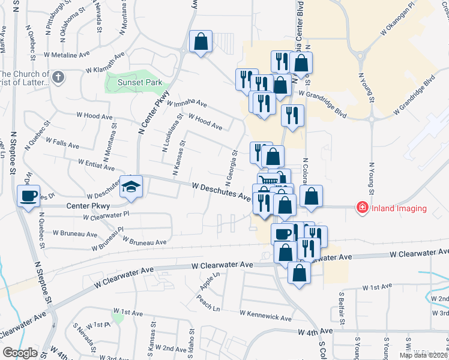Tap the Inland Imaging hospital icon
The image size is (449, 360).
pos(362,208)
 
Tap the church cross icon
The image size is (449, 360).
pos(58,77)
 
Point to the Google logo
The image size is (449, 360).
pos(20,352)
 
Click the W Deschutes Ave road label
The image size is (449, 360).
pos(221,191)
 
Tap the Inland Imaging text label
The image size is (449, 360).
pos(399,209)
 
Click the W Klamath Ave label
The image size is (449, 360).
pos(105,70)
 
